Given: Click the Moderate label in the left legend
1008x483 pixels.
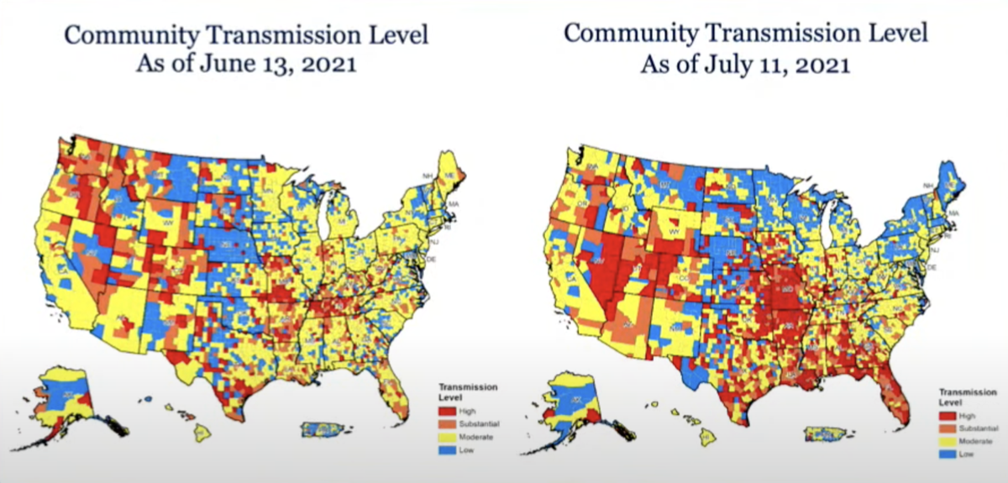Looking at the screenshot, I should [475, 437].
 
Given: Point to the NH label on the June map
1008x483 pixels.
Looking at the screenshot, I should [428, 176].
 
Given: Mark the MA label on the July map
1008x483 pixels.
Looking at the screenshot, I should [953, 214].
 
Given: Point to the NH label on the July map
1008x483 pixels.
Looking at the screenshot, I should [927, 185].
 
